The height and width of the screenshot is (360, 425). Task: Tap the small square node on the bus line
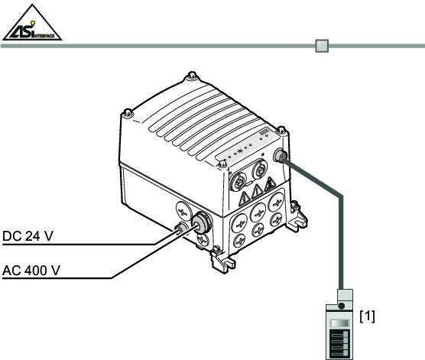click(x=322, y=46)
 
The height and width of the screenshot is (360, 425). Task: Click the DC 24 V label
click(x=28, y=236)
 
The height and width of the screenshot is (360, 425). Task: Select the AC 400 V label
click(x=31, y=271)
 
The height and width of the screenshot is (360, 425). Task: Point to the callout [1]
click(x=367, y=316)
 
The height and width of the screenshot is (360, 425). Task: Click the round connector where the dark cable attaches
click(x=281, y=156)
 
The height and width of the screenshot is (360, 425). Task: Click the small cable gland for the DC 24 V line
click(x=181, y=228)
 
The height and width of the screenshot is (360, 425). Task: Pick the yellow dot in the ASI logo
click(x=33, y=23)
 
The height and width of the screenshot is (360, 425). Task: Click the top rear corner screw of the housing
click(x=192, y=75)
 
